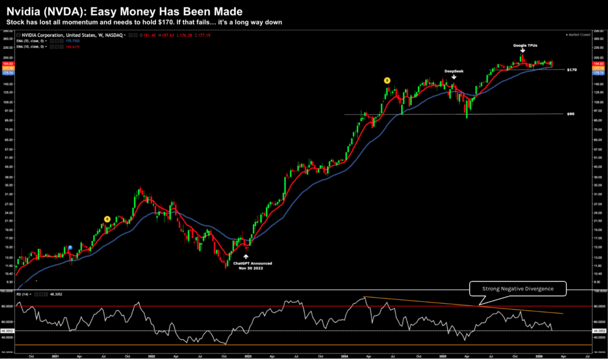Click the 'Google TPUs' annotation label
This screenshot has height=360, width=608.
tap(522, 45)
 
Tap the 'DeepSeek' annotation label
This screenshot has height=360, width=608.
tap(454, 71)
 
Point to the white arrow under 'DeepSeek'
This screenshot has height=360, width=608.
tap(454, 77)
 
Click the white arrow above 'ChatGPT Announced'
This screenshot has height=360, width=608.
tap(246, 257)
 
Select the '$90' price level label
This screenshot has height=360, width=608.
tap(571, 113)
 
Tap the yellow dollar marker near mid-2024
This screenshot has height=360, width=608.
tap(387, 80)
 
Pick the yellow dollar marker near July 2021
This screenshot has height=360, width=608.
tap(107, 219)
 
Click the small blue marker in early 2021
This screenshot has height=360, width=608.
tap(71, 247)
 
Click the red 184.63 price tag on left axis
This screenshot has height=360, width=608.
tap(8, 64)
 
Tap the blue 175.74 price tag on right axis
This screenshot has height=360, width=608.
tap(599, 72)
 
